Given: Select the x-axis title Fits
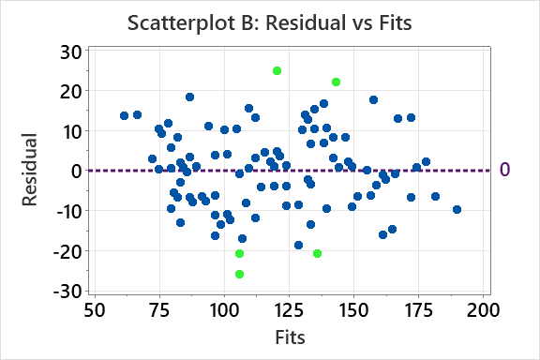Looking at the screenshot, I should pos(289,335).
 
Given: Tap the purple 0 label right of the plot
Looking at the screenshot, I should pos(504,171).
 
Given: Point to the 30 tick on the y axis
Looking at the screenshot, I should pos(69,51).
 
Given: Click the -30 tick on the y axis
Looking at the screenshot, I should pos(66,291).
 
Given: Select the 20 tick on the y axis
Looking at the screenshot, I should pos(69,91).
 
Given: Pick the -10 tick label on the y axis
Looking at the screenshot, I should pos(66,211).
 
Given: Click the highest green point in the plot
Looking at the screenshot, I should pos(277,70).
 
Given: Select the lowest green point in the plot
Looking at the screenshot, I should pos(239,274).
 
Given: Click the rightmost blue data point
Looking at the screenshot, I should pos(457,209).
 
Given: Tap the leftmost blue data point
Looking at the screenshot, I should pos(124,115).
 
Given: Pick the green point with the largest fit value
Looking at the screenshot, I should pos(336,82).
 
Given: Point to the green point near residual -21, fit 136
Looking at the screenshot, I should pos(317,253).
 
